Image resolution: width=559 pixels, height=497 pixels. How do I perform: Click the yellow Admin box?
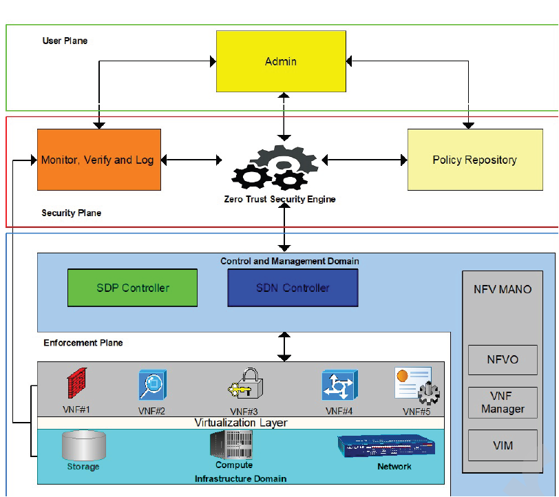click(x=281, y=62)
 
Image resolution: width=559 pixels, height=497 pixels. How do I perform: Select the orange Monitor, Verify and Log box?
click(x=99, y=160)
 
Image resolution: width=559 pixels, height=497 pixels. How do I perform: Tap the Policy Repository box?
click(x=474, y=160)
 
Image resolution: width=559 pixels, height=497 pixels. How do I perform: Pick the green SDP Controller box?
click(x=132, y=288)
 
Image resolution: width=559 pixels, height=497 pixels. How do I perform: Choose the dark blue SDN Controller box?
click(x=293, y=288)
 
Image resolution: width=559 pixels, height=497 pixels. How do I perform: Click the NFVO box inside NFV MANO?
click(x=502, y=359)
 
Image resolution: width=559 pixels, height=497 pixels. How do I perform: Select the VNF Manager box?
click(x=502, y=402)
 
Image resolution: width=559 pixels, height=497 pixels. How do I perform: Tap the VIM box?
click(x=502, y=445)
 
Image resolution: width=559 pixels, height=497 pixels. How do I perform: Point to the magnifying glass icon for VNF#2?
click(x=152, y=385)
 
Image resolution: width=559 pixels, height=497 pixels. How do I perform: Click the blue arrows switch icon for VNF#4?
click(x=339, y=385)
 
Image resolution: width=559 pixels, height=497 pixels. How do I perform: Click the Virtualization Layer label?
click(x=240, y=423)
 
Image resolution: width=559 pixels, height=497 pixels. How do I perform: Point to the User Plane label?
click(x=65, y=41)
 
